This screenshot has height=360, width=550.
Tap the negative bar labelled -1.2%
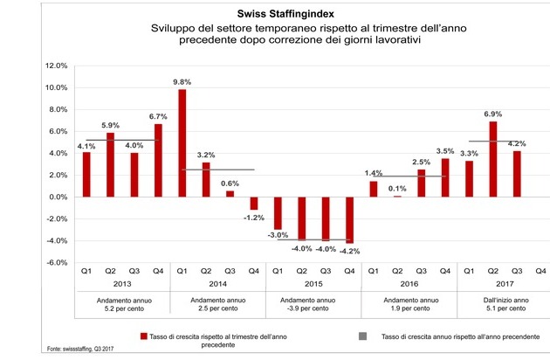(x=254, y=204)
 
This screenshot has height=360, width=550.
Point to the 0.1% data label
(x=398, y=189)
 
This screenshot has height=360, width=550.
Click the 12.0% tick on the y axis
(x=55, y=66)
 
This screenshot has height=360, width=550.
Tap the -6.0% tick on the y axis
(x=55, y=263)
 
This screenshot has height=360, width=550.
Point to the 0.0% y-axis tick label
(x=57, y=197)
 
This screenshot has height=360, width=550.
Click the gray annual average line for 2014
(x=217, y=170)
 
